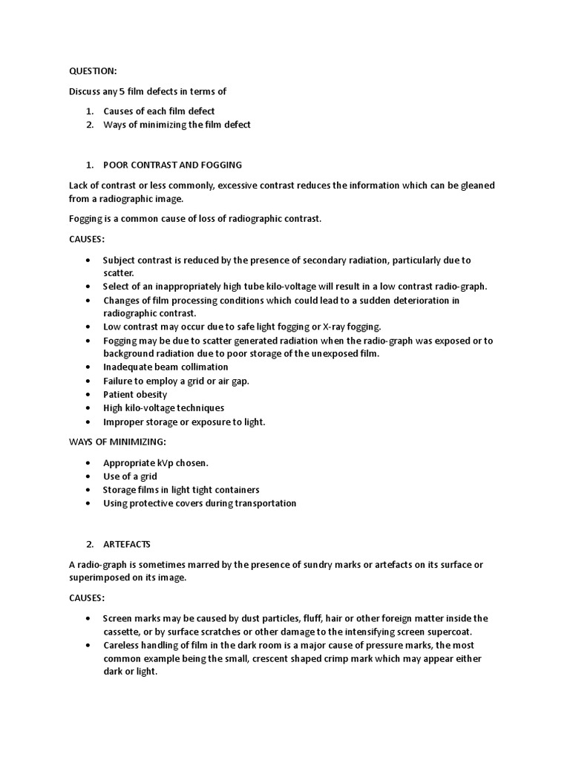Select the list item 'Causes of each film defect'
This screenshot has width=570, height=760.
pyautogui.click(x=159, y=111)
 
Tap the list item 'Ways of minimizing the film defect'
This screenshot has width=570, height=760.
pyautogui.click(x=177, y=125)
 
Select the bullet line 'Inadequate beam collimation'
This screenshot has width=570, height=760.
pyautogui.click(x=166, y=367)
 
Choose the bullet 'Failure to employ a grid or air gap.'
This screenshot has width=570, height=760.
pyautogui.click(x=176, y=381)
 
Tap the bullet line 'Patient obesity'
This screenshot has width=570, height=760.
pyautogui.click(x=135, y=395)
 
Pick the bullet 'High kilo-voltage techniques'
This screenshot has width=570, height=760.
pyautogui.click(x=163, y=408)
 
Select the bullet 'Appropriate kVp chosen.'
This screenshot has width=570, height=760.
pyautogui.click(x=156, y=463)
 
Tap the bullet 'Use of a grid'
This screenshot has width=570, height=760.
pyautogui.click(x=130, y=476)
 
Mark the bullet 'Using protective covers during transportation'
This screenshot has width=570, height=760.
pyautogui.click(x=200, y=503)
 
